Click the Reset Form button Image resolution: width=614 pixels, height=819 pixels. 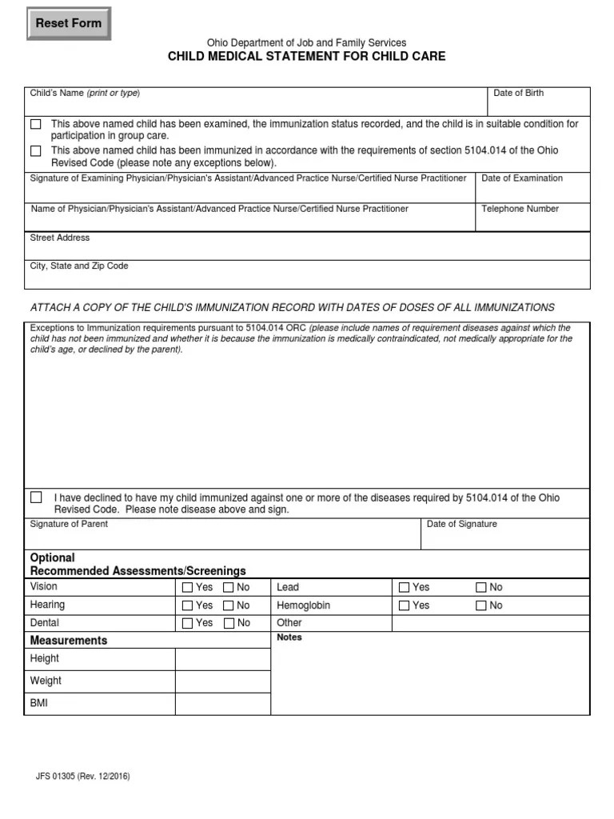(69, 24)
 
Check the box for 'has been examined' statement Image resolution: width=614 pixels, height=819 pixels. (36, 125)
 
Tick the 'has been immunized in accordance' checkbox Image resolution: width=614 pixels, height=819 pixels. (36, 151)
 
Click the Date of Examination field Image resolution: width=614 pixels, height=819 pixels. (532, 192)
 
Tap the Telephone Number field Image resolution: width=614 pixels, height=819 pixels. (532, 222)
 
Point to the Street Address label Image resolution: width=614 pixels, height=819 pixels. (60, 238)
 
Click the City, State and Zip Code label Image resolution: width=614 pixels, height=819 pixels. (79, 266)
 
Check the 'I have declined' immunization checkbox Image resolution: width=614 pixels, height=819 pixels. (36, 497)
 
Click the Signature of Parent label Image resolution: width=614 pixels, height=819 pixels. (69, 524)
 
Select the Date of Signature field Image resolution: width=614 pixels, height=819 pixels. (505, 537)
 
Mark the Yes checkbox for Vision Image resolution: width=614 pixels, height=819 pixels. (187, 588)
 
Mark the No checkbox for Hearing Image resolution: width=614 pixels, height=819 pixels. (229, 606)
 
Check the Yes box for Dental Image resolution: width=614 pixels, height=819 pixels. (187, 623)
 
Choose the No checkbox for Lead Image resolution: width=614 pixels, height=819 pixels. (481, 588)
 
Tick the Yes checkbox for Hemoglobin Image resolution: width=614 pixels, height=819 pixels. (405, 606)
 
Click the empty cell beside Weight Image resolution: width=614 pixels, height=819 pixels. (222, 681)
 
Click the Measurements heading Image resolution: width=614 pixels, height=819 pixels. (69, 641)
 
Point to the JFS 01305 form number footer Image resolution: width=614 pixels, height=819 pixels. (83, 777)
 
